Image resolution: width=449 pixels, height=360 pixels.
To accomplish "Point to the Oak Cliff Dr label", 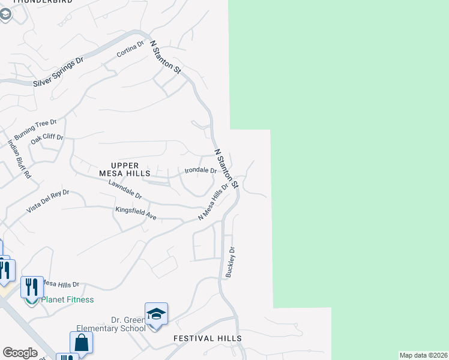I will pos(47,139).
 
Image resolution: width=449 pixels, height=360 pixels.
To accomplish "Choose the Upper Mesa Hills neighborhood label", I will pos(125,169).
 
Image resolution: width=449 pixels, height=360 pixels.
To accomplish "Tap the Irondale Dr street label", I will pos(200,170).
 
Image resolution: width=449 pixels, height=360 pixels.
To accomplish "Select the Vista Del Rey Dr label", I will pos(48,202).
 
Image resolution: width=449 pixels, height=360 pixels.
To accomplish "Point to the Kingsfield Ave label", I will pos(136,212).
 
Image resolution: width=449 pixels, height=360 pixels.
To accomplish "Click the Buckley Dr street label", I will pos(230,262).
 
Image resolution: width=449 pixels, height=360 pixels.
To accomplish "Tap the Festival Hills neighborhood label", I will pos(208,338).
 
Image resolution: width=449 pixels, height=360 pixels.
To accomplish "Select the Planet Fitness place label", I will pos(67,299).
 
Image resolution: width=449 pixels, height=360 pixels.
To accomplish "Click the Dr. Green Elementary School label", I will pos(111,324).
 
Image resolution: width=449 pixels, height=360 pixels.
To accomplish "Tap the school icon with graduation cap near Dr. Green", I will pos(156,314).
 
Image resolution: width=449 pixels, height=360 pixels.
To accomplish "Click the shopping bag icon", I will pos(81,343).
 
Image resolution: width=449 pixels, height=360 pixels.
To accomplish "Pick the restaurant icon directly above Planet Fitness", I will pos(31,287).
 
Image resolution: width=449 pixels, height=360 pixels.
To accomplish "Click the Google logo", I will pos(20,353).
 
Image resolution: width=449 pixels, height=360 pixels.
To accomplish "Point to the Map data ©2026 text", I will pos(423,355).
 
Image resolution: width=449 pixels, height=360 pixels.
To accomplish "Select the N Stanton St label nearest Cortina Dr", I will pos(166,57).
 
